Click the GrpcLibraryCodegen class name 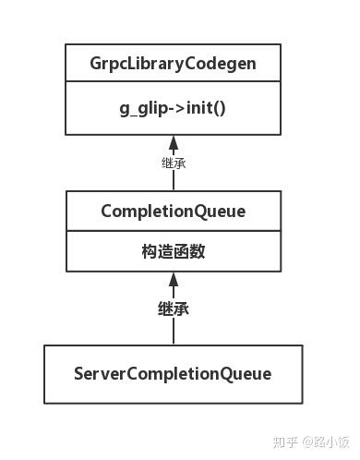pos(173,64)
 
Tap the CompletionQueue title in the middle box pos(173,212)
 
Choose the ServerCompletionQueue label pos(173,373)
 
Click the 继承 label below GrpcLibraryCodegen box pos(173,163)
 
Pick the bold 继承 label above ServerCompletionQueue pos(173,309)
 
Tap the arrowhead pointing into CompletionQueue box pos(173,280)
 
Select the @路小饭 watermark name pos(315,442)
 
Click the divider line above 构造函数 pos(173,232)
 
